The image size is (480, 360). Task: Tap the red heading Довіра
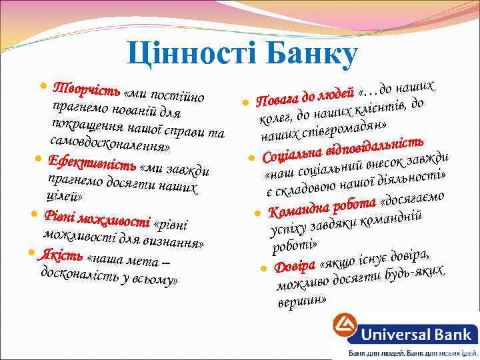pos(293,265)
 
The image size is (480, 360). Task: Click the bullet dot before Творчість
pos(44,87)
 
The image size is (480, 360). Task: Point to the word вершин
pos(301,301)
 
